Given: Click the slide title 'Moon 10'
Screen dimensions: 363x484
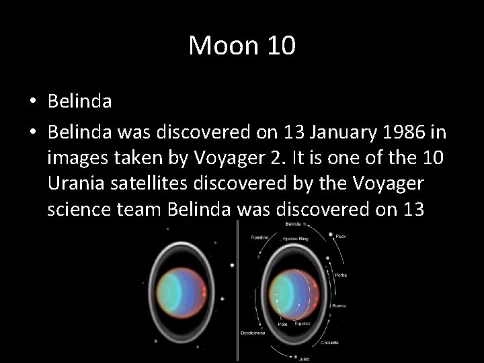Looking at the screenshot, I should (241, 46).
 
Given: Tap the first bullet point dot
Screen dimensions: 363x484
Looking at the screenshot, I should (32, 102).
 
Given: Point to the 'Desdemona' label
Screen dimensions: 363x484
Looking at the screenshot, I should (253, 333).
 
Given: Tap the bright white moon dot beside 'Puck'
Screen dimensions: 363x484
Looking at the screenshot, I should (331, 235).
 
